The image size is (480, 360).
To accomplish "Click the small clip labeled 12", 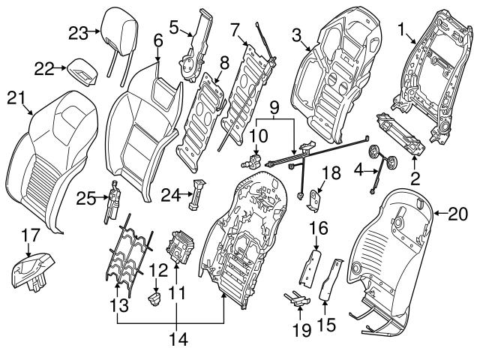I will [x=156, y=298].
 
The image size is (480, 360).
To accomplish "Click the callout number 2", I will [x=414, y=178].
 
